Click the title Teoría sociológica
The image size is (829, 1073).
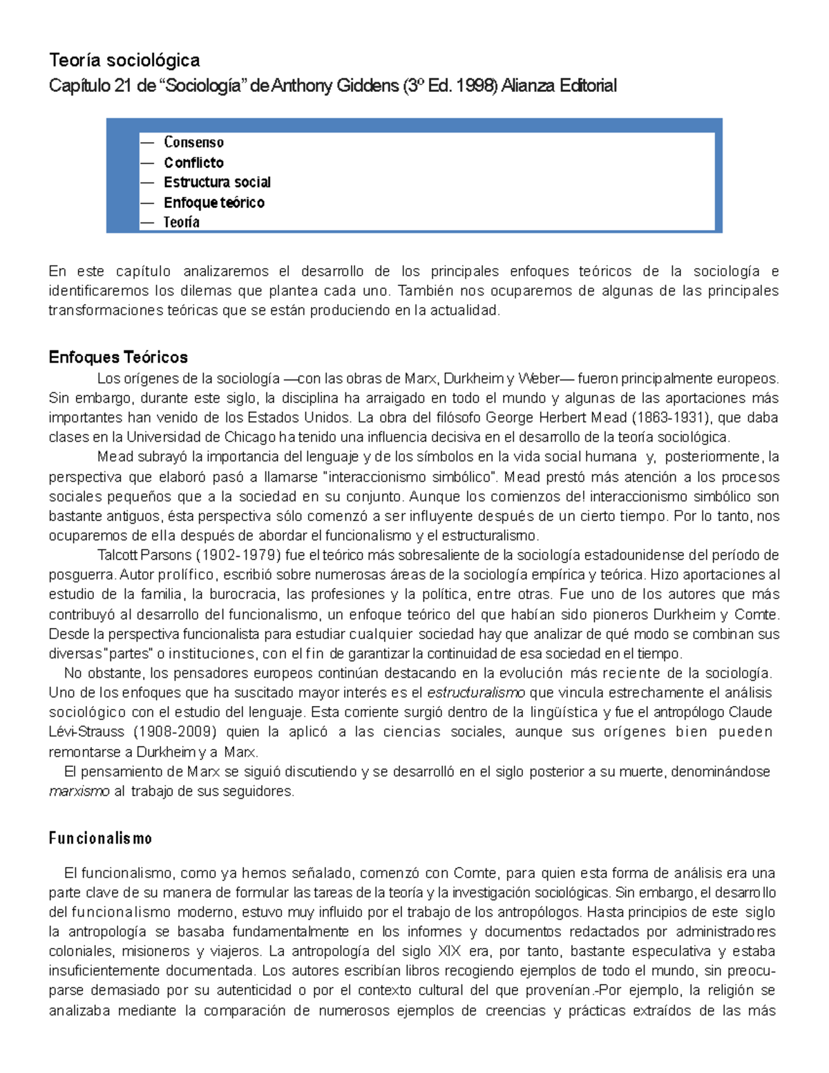point(124,61)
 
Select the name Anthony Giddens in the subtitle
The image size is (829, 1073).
point(334,86)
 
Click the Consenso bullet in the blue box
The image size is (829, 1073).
point(193,142)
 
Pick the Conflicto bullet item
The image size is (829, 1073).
point(193,162)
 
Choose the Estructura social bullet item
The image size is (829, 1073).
point(217,182)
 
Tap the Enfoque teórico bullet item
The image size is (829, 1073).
point(213,202)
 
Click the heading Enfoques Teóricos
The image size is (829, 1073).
point(118,357)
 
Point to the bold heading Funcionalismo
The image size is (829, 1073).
point(100,838)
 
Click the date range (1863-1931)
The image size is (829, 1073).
point(669,417)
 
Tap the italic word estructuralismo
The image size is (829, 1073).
point(476,692)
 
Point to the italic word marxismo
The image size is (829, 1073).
point(79,791)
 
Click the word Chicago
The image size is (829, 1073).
point(249,437)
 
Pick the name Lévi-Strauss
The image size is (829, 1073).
point(86,732)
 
